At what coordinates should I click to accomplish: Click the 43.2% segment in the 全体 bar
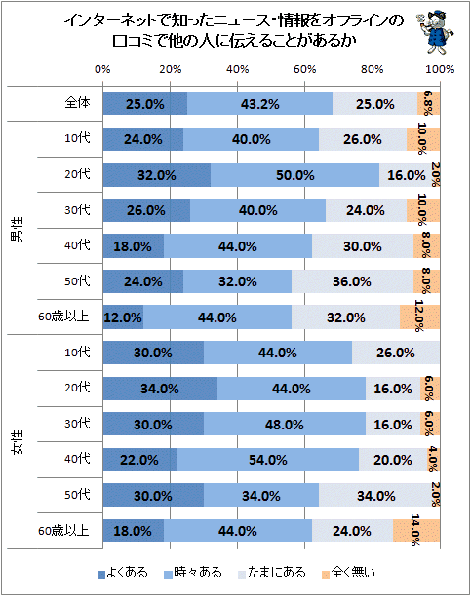(x=259, y=103)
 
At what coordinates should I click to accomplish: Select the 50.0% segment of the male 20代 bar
(x=295, y=175)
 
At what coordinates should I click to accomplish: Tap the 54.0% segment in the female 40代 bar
(x=267, y=460)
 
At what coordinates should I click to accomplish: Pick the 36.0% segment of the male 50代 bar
(x=352, y=281)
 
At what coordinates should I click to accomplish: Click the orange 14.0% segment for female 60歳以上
(x=416, y=531)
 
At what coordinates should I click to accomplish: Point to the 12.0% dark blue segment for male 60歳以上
(x=123, y=317)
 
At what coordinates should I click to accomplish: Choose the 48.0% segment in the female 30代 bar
(x=285, y=424)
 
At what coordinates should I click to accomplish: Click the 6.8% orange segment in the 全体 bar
(x=428, y=103)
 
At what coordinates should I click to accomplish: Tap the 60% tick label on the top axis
(x=304, y=69)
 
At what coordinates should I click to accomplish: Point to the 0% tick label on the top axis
(x=102, y=69)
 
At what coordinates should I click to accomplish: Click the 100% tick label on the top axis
(x=440, y=69)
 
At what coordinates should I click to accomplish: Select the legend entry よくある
(x=123, y=573)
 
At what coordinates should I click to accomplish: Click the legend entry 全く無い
(x=348, y=573)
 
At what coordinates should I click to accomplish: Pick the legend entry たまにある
(x=272, y=573)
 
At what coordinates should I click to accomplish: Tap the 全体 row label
(x=78, y=102)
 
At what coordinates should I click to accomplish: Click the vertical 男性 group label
(x=17, y=229)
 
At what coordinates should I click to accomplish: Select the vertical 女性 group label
(x=17, y=442)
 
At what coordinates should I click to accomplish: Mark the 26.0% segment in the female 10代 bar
(x=396, y=353)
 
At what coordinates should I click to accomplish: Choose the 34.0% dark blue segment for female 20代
(x=160, y=389)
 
